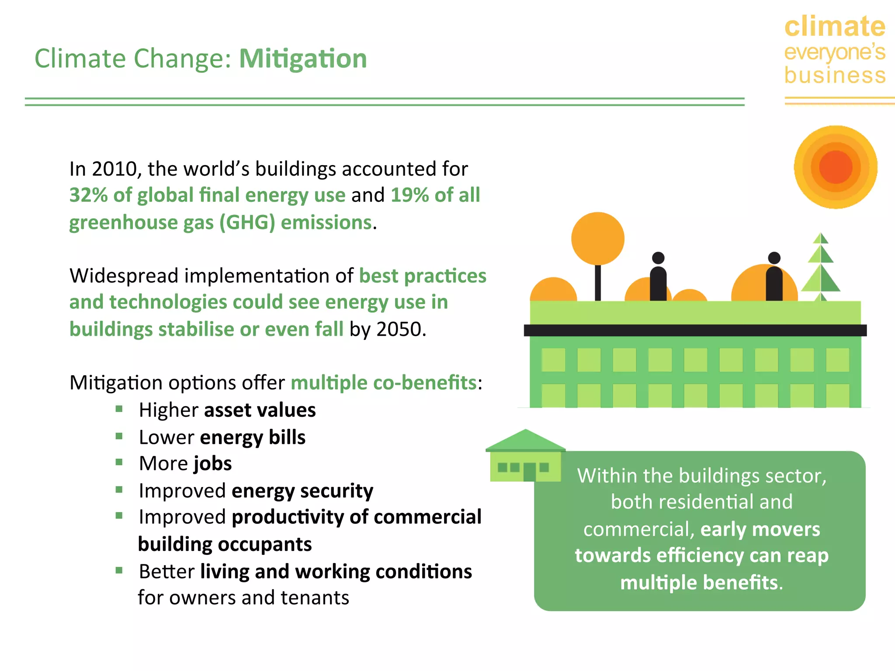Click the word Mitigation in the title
tap(303, 59)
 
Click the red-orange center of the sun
tap(836, 167)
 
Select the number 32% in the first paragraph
tap(88, 195)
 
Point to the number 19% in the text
tap(409, 195)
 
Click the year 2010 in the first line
tap(114, 169)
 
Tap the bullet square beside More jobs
tap(119, 462)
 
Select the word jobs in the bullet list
tap(212, 464)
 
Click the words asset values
tap(260, 410)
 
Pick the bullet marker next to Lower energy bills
tap(119, 436)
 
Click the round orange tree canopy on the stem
tap(597, 239)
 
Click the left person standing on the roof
tap(658, 277)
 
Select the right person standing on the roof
tap(774, 277)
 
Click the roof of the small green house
tap(525, 441)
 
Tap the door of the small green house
tap(529, 472)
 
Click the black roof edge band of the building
tap(695, 330)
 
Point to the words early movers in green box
tap(760, 529)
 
